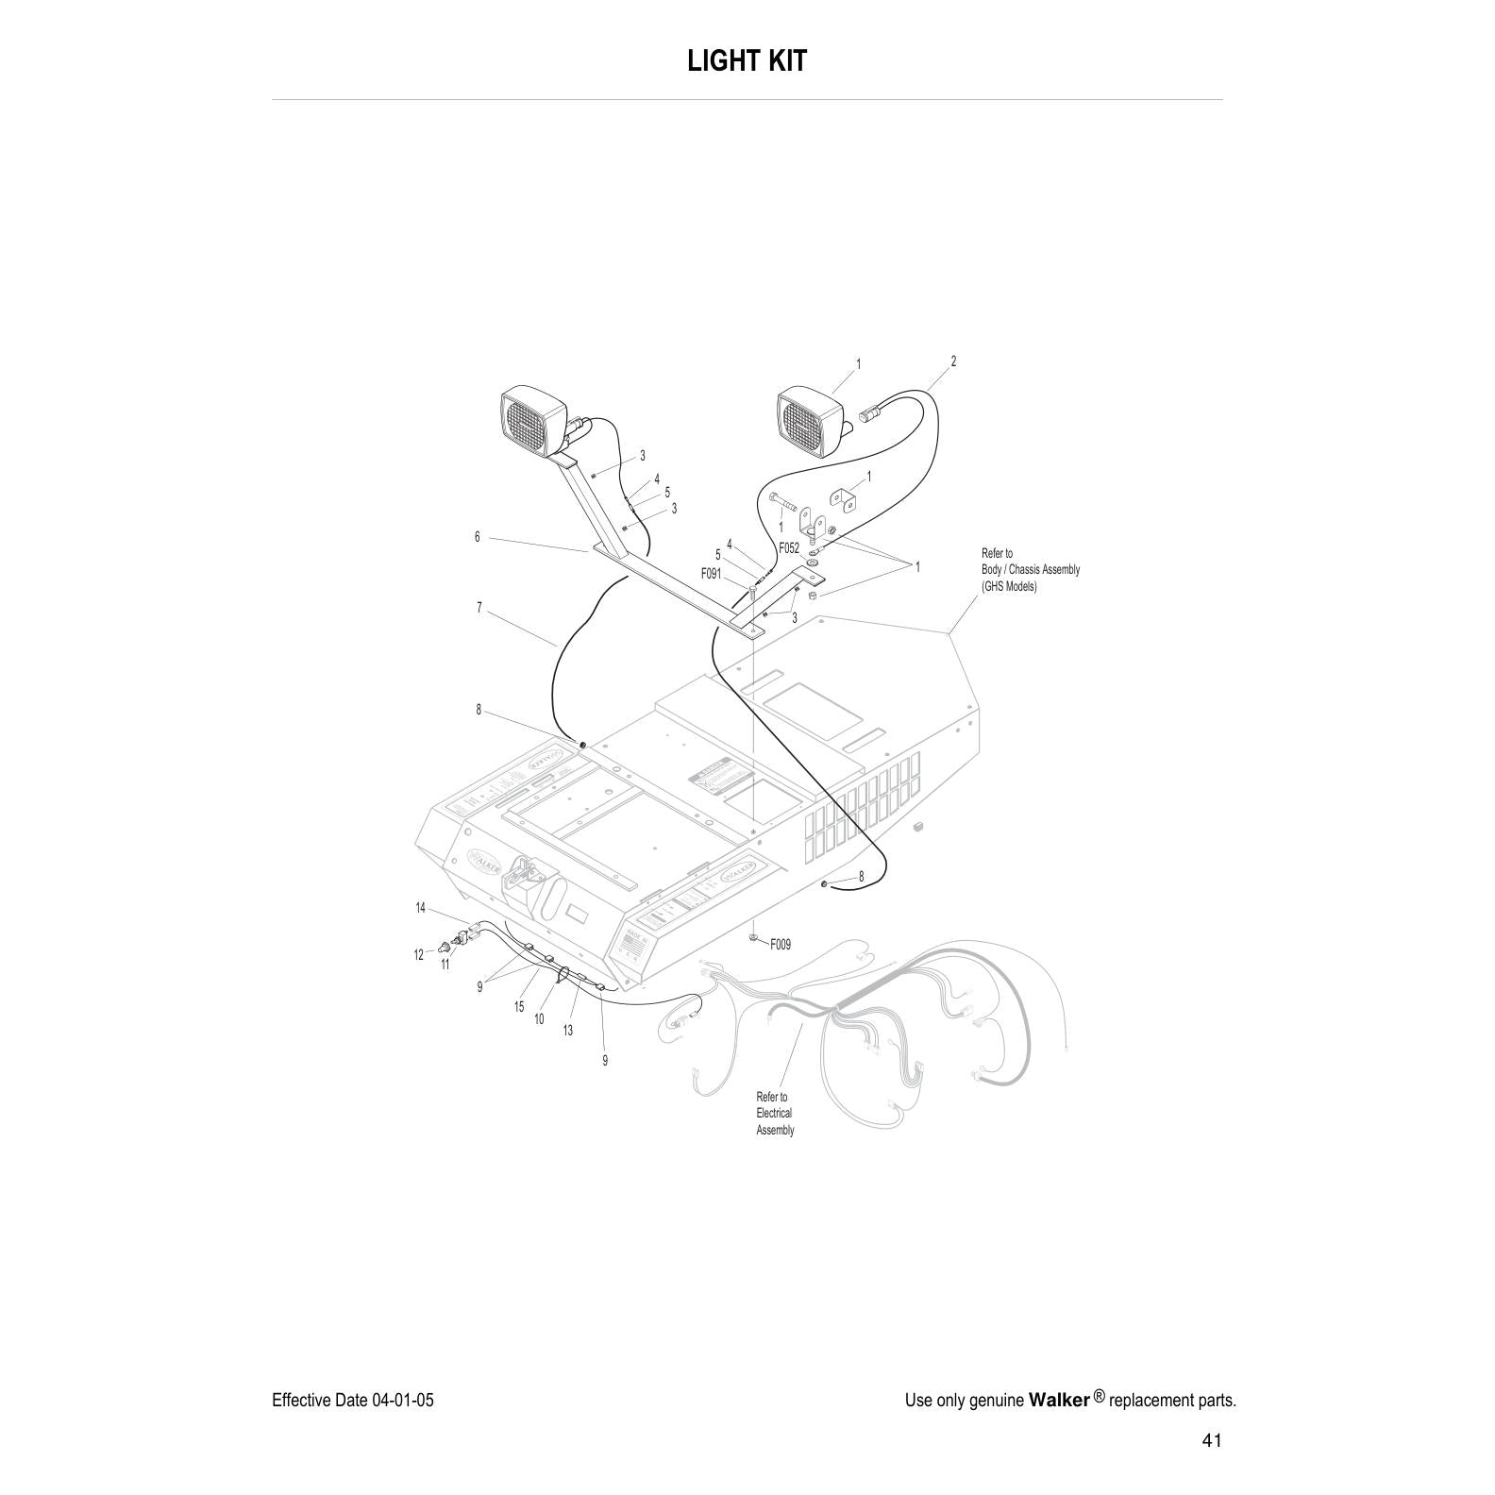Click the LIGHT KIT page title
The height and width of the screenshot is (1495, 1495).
point(747,61)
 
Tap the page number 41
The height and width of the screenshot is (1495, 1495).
point(1212,1440)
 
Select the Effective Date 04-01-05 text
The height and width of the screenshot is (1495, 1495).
point(352,1400)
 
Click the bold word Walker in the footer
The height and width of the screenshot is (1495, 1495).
point(1058,1400)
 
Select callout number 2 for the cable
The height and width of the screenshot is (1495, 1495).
point(953,361)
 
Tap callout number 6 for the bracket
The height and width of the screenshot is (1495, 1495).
point(478,537)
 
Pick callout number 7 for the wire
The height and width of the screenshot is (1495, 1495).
point(479,608)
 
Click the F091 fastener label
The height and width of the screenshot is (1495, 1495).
point(712,573)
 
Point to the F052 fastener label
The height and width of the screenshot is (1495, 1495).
point(789,547)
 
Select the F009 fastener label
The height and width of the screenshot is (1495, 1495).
point(781,944)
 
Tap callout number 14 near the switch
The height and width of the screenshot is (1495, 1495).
point(421,908)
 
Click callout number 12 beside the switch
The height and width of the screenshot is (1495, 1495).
point(418,955)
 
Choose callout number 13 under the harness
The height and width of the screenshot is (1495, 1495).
point(568,1031)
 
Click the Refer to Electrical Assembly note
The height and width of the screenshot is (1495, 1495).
point(775,1114)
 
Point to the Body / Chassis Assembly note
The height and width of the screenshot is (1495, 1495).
point(1030,570)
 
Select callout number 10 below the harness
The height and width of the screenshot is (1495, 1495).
point(539,1019)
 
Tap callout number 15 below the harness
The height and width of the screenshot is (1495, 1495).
point(519,1007)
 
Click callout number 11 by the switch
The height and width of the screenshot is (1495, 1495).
point(445,965)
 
